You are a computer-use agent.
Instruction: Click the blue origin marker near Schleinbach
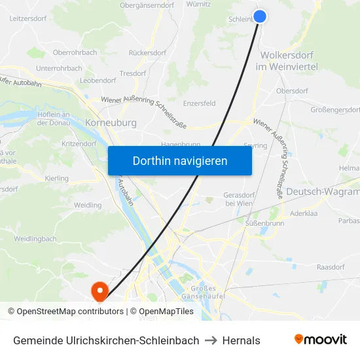[x=260, y=17]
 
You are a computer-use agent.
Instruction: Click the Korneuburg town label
[x=111, y=122]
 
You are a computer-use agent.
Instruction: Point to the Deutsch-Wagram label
[x=324, y=192]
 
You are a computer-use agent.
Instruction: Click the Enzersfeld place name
[x=200, y=103]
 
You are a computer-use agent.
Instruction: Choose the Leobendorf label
[x=98, y=81]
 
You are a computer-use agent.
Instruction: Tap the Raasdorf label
[x=331, y=268]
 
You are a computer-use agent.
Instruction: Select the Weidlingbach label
[x=35, y=239]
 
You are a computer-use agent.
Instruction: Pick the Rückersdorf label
[x=148, y=52]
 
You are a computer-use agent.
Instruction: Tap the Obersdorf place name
[x=292, y=91]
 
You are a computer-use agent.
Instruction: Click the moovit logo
[x=320, y=340]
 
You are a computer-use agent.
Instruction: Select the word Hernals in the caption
[x=242, y=340]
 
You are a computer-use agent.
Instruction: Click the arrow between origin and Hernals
[x=211, y=340]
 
